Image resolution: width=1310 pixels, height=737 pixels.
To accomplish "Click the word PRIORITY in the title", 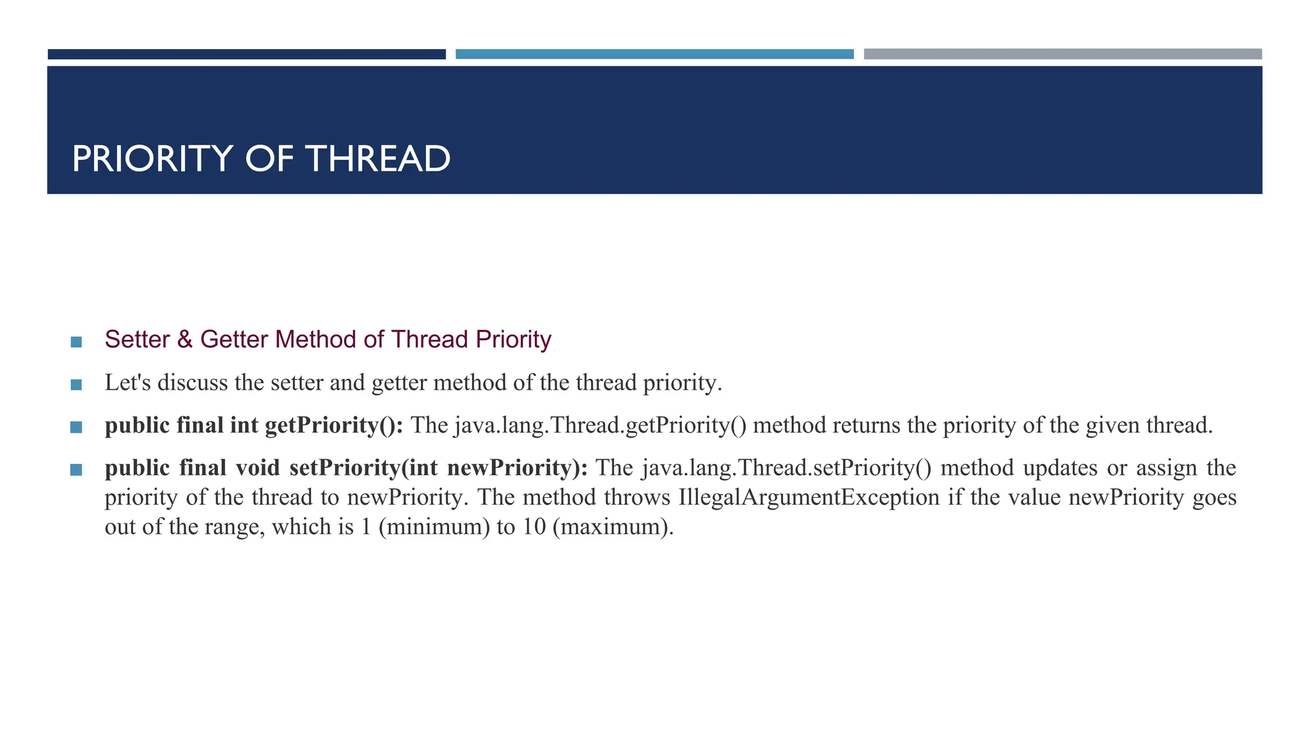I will click(x=152, y=159).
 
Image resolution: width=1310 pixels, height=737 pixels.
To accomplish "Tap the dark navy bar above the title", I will click(x=246, y=54).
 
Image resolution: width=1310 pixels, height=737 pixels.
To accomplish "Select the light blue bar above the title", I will click(x=654, y=54).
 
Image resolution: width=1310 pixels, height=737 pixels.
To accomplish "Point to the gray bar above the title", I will click(x=1062, y=54).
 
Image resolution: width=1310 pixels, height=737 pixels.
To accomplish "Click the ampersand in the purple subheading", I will click(x=185, y=340).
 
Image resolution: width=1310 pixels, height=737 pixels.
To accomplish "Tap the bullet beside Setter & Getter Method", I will click(x=76, y=342).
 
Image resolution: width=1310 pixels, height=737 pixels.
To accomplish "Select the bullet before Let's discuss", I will click(x=76, y=384).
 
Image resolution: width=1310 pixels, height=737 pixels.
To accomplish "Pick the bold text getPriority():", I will click(x=334, y=425).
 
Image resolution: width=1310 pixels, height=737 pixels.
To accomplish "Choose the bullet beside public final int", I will click(x=76, y=427).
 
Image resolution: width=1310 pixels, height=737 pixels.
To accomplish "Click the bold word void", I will click(x=258, y=468).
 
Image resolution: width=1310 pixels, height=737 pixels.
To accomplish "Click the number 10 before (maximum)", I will click(x=533, y=527).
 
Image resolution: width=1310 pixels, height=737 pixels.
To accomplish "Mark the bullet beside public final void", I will click(x=76, y=470).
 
